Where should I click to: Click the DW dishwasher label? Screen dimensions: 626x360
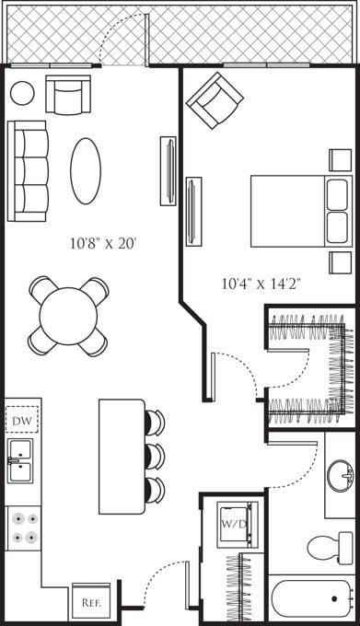click(21, 421)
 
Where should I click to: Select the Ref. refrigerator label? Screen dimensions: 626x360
click(90, 603)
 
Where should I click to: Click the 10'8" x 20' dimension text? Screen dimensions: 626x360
click(103, 244)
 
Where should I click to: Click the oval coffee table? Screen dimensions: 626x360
click(86, 171)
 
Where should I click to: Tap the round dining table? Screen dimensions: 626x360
click(68, 316)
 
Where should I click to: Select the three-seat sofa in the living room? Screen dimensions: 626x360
click(28, 171)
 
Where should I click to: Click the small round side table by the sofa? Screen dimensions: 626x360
click(22, 92)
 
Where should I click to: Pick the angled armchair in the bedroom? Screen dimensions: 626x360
click(215, 99)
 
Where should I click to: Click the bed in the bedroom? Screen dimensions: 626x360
click(299, 211)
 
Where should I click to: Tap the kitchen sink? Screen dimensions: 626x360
click(20, 460)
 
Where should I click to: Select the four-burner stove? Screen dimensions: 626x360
click(23, 528)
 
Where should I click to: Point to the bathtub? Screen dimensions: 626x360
click(313, 601)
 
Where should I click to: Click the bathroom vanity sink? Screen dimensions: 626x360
click(341, 476)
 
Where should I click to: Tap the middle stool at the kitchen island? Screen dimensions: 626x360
click(154, 456)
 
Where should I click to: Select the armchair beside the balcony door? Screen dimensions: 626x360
click(69, 95)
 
